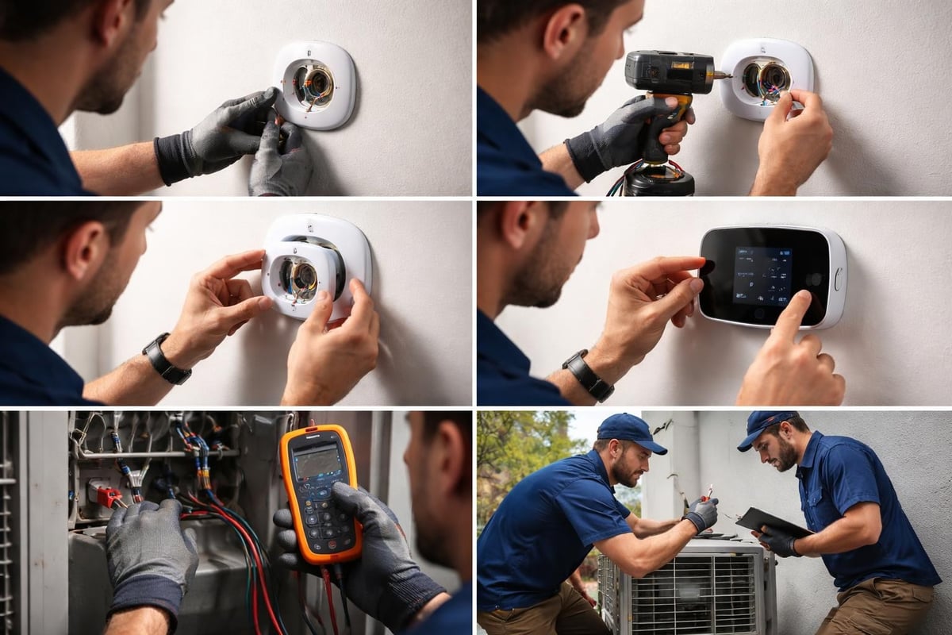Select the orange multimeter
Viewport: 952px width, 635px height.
(x=321, y=492)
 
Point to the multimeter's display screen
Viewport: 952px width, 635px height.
(x=317, y=462)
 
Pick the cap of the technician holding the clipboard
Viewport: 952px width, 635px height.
(x=765, y=427)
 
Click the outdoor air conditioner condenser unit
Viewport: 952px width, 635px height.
(x=687, y=587)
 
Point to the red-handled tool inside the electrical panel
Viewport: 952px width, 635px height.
(x=108, y=496)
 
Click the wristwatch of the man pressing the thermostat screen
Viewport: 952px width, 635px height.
(x=588, y=375)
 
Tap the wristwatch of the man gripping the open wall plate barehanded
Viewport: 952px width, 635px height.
(x=166, y=360)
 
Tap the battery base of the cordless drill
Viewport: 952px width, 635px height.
(x=658, y=182)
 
